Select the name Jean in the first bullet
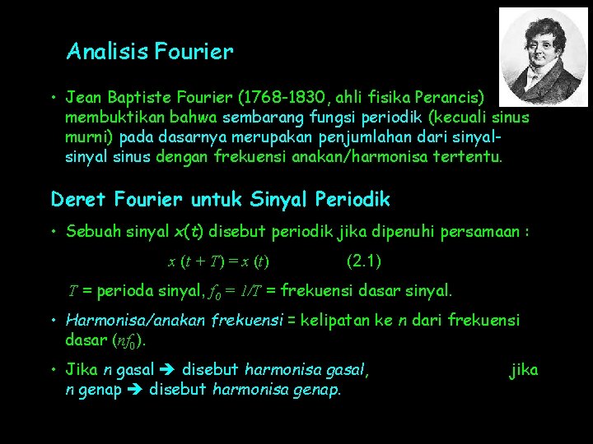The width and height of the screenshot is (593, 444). (85, 99)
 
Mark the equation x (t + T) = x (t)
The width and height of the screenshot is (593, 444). (219, 262)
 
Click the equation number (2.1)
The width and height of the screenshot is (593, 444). (364, 261)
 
